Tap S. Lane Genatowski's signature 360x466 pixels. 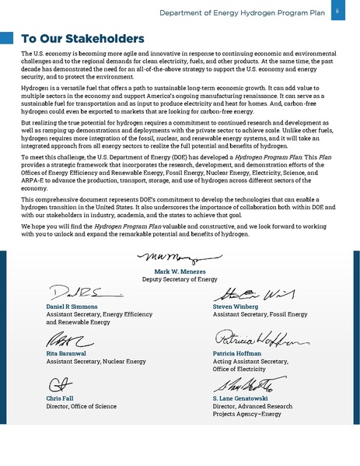click(247, 384)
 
